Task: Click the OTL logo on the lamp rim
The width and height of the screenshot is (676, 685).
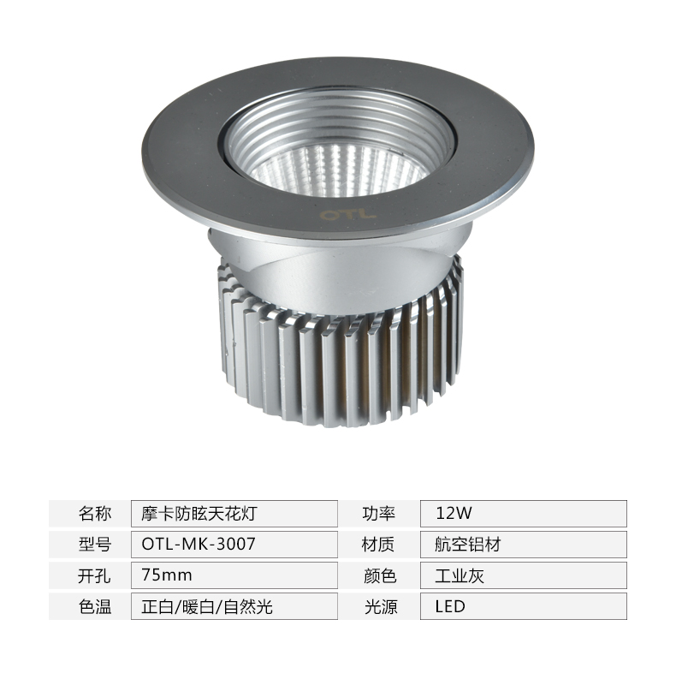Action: click(347, 215)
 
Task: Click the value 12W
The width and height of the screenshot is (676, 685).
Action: click(454, 513)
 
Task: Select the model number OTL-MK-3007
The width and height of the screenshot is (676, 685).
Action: click(199, 544)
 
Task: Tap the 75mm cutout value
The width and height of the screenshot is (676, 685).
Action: click(167, 575)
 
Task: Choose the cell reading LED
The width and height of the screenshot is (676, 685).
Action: click(450, 606)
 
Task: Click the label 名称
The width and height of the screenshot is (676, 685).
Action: click(95, 513)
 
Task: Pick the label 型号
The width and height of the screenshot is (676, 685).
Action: click(95, 545)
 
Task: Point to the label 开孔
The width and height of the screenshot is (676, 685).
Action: click(94, 575)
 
